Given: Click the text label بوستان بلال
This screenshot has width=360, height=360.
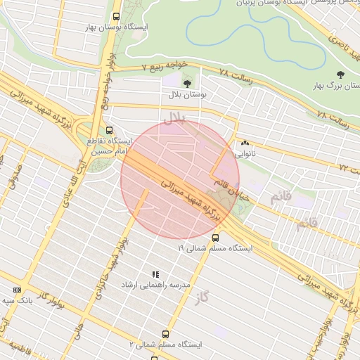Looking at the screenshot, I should click(x=185, y=94).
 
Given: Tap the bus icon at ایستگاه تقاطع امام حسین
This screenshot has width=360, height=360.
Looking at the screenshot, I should click(x=109, y=130).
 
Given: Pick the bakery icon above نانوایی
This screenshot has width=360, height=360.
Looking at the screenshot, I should click(x=245, y=143).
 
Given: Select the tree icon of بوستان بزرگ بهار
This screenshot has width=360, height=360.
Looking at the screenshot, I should click(x=340, y=74).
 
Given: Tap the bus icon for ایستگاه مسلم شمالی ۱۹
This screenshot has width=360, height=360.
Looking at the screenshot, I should click(x=215, y=237).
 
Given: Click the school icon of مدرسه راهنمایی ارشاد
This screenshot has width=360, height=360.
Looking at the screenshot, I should click(x=155, y=274).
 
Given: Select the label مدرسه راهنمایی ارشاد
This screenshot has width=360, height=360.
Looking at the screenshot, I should click(x=156, y=285).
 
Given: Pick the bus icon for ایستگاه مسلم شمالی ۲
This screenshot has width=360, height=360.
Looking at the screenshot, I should click(x=165, y=334).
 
